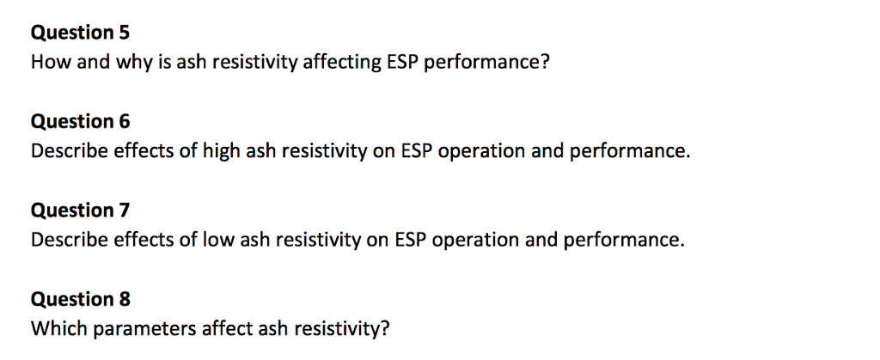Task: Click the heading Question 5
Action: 80,34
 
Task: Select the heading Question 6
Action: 80,122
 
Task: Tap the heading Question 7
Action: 80,211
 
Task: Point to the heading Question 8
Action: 80,299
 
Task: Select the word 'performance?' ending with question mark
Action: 487,63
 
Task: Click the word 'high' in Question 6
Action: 222,151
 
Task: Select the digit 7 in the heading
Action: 125,211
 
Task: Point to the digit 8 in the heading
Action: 125,299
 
